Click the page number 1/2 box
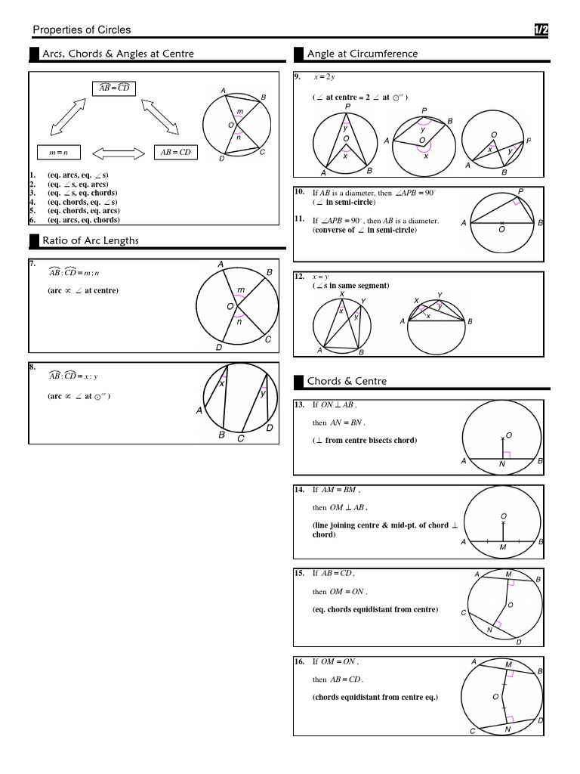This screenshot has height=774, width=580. (x=541, y=29)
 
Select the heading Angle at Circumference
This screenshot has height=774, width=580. (x=362, y=54)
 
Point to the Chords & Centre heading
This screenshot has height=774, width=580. (x=346, y=381)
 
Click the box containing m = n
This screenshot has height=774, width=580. (x=58, y=153)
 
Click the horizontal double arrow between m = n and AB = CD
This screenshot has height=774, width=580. (x=117, y=153)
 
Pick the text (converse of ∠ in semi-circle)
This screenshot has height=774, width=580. (x=364, y=231)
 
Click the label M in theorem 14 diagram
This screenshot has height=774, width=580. (x=503, y=547)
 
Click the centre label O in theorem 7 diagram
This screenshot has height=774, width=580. (x=230, y=307)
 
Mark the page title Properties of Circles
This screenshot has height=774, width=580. (x=82, y=30)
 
